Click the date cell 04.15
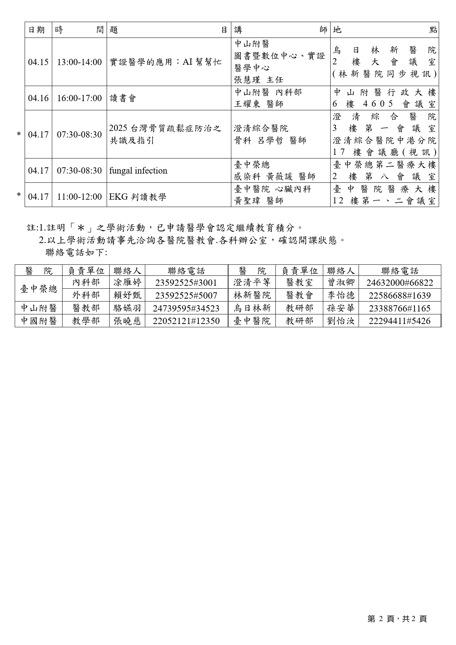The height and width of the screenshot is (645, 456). (x=38, y=62)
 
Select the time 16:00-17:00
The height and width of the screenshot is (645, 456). (x=79, y=98)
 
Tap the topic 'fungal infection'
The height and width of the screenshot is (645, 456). (x=138, y=171)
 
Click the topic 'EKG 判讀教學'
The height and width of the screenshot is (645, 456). (x=138, y=197)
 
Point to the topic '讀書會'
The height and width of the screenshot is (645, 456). (x=123, y=98)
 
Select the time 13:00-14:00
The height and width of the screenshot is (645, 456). (x=79, y=62)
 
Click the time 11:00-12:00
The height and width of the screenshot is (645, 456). (x=79, y=197)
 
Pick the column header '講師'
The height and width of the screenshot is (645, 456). (x=281, y=30)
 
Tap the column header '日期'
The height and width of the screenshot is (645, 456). (x=37, y=30)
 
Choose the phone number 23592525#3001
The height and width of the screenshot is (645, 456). (x=186, y=283)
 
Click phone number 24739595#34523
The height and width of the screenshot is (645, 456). (x=186, y=309)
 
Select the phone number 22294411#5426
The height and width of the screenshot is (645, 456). (x=399, y=321)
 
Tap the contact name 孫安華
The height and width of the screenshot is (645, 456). (x=341, y=309)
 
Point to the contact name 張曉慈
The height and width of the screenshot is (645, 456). (x=127, y=321)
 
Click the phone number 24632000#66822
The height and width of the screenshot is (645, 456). (x=399, y=283)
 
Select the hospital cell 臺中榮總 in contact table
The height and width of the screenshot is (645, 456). (x=39, y=289)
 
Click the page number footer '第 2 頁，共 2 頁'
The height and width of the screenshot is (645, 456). (x=397, y=619)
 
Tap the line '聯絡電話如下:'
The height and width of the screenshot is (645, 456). (x=76, y=253)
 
